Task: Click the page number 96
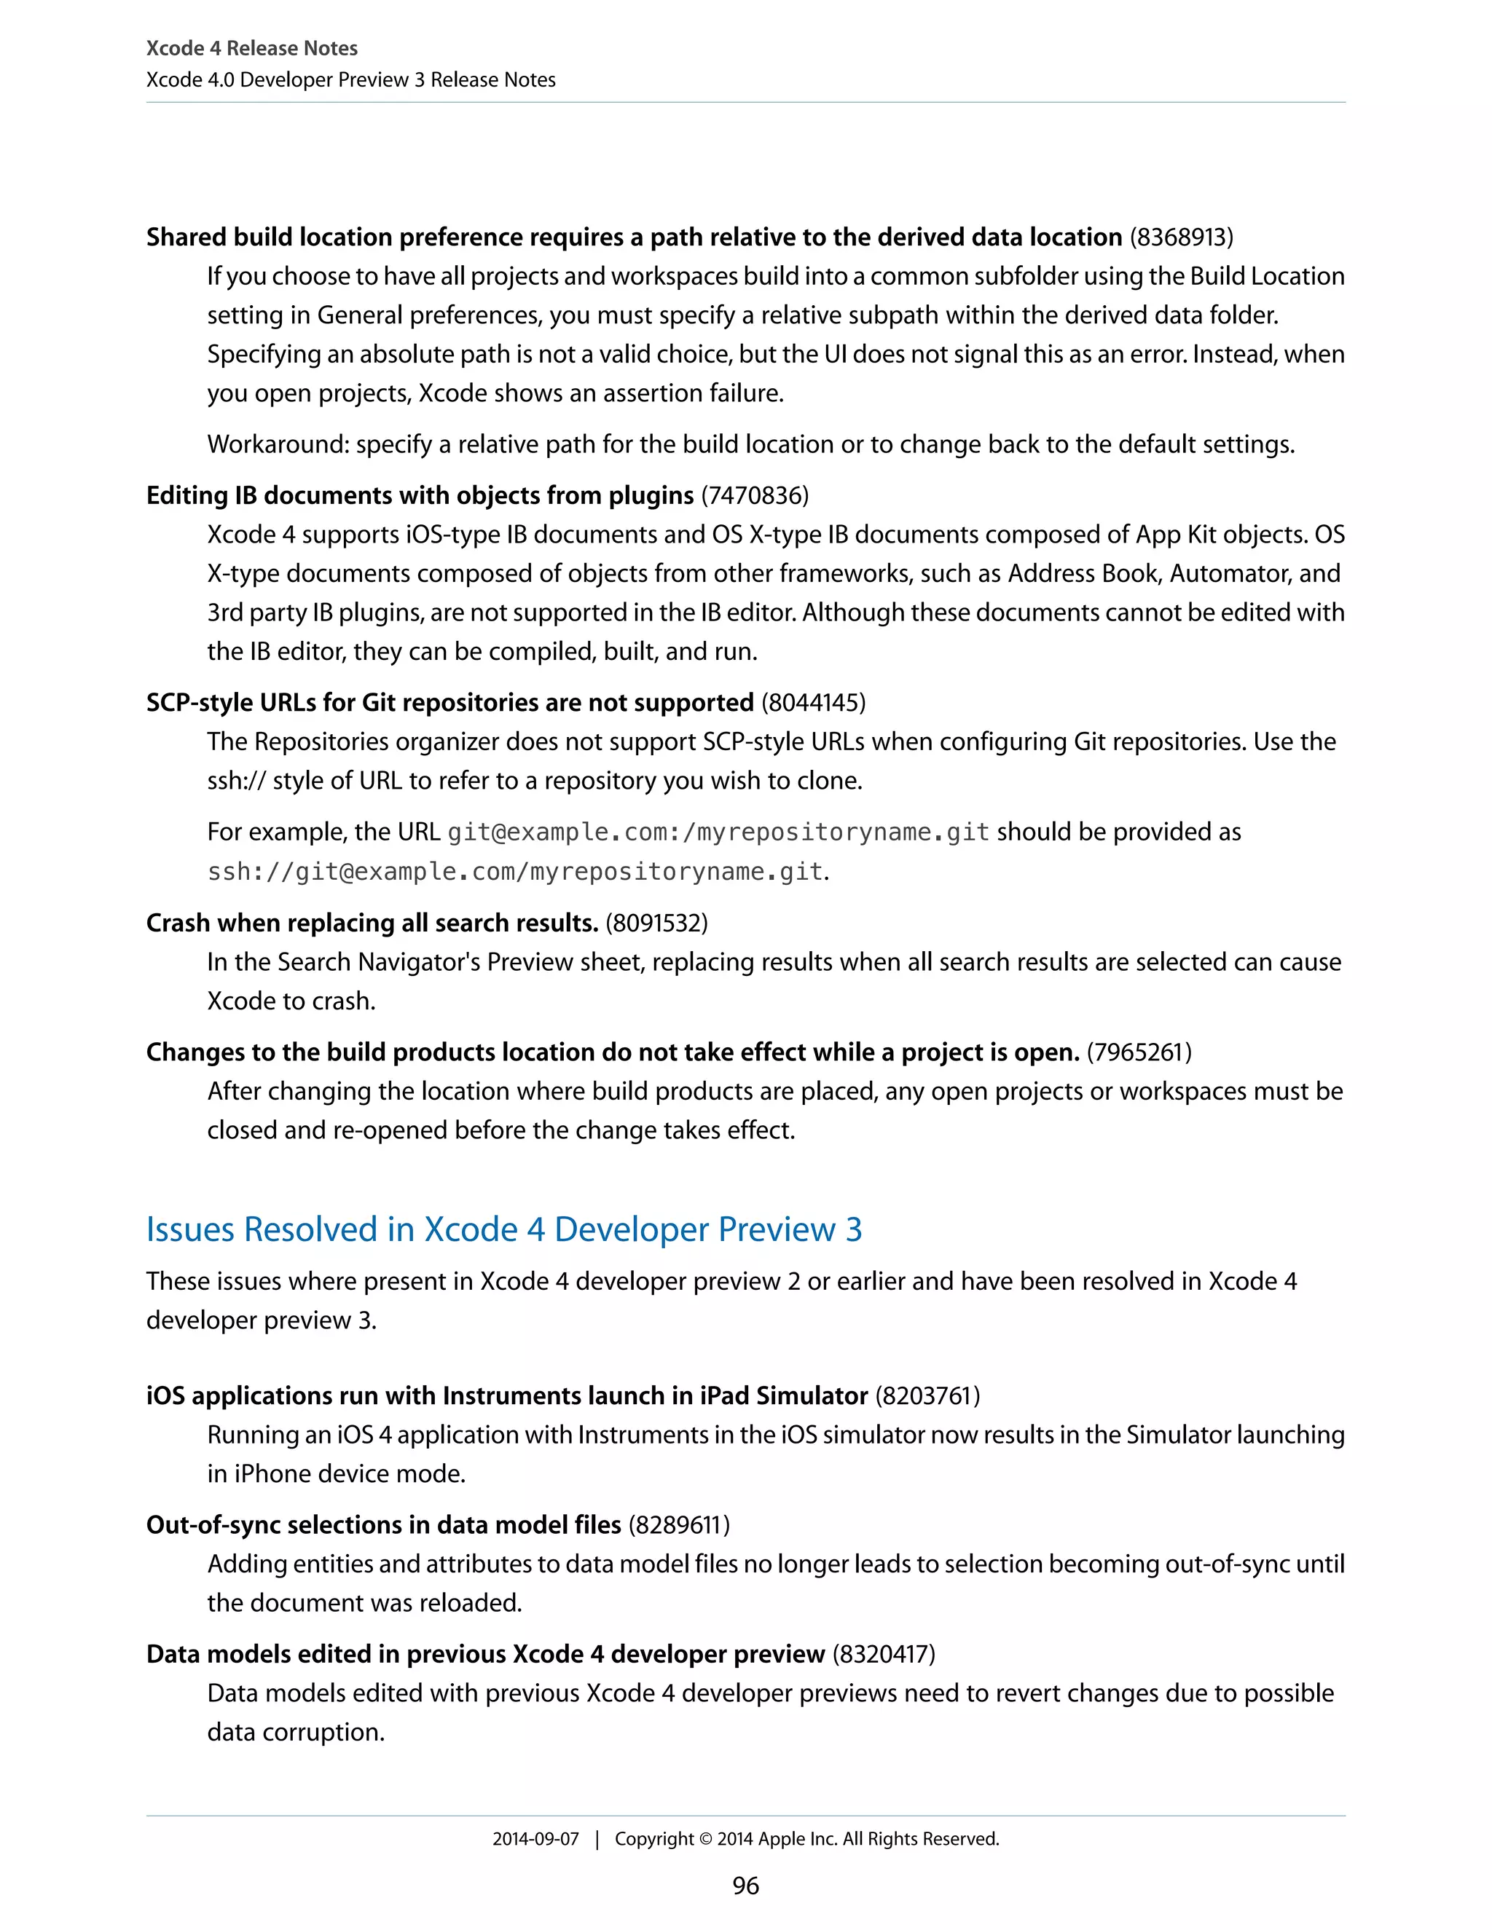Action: pyautogui.click(x=745, y=1886)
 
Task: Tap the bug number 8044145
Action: pyautogui.click(x=813, y=703)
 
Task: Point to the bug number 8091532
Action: pyautogui.click(x=656, y=923)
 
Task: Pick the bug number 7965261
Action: pyautogui.click(x=1139, y=1052)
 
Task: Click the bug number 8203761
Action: pyautogui.click(x=927, y=1395)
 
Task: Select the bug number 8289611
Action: pyautogui.click(x=679, y=1524)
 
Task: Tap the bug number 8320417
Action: pyautogui.click(x=883, y=1653)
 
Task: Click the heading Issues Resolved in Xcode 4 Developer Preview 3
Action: pyautogui.click(x=504, y=1229)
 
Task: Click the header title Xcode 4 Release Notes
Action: pyautogui.click(x=252, y=48)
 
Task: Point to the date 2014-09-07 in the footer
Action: pyautogui.click(x=535, y=1839)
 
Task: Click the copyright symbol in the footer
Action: pyautogui.click(x=705, y=1839)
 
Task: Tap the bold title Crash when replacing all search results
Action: pyautogui.click(x=372, y=923)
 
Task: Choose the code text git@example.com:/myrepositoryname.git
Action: pyautogui.click(x=718, y=832)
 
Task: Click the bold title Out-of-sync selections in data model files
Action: pyautogui.click(x=384, y=1524)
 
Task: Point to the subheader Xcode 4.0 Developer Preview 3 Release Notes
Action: pyautogui.click(x=351, y=79)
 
